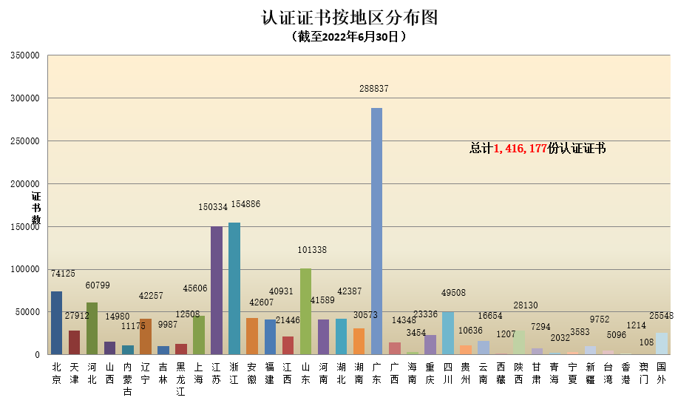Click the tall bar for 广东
(376, 231)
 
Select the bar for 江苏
(217, 290)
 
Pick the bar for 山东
(305, 311)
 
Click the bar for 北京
(56, 322)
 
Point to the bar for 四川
(448, 333)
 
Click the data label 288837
(374, 89)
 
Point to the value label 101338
(311, 250)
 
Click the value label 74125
(63, 274)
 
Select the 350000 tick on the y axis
(24, 55)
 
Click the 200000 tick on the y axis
(24, 184)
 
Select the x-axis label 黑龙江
(181, 379)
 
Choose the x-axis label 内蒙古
(128, 379)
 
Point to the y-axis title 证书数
(35, 209)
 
